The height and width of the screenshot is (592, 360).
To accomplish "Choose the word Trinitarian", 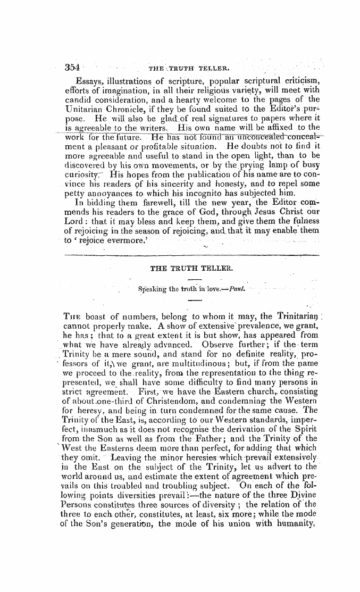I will click(x=310, y=316).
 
